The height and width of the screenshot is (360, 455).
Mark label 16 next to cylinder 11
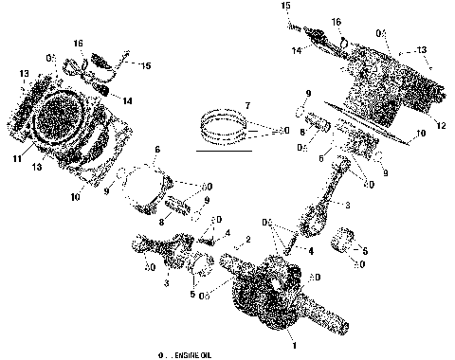[79, 44]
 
